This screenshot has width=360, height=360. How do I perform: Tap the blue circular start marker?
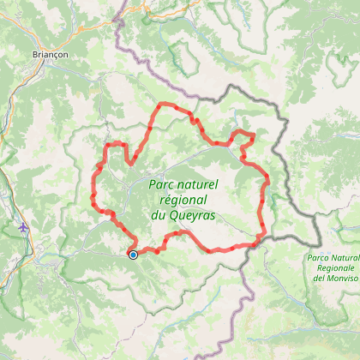[133, 254]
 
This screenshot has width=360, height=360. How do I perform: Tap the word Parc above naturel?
[162, 184]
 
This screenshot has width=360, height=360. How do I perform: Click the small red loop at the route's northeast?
[245, 139]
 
